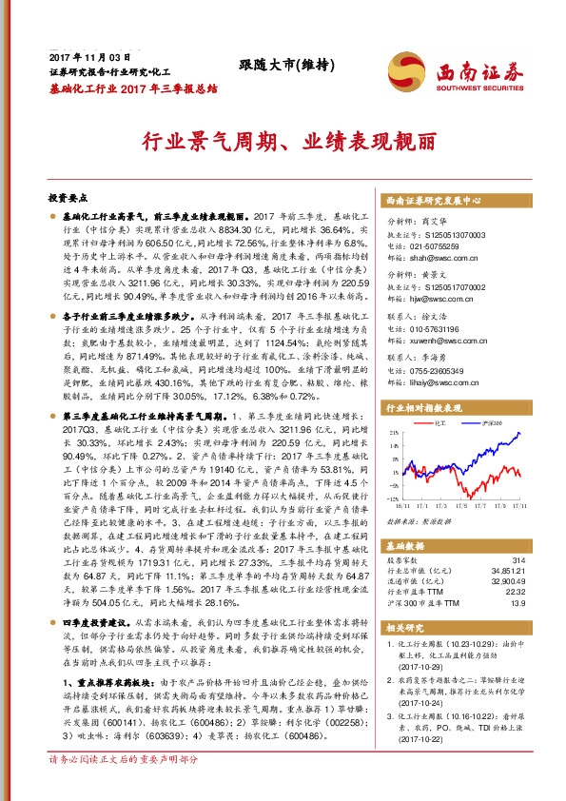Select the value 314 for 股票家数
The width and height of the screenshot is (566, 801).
518,560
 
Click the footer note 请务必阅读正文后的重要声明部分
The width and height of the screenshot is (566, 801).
124,787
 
